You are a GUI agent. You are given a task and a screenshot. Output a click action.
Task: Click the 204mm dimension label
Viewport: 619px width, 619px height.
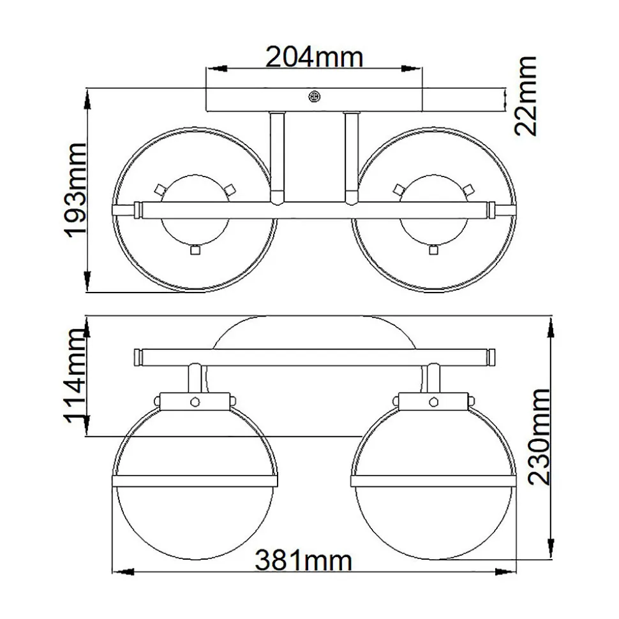click(314, 57)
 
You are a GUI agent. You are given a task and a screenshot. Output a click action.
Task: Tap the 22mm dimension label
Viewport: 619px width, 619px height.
click(526, 96)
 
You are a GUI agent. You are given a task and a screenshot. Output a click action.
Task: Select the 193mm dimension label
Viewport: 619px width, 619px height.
click(75, 190)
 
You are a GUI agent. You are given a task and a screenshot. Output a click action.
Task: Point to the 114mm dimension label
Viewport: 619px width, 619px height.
click(75, 376)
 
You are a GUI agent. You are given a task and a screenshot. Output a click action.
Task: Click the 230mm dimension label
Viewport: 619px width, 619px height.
click(539, 437)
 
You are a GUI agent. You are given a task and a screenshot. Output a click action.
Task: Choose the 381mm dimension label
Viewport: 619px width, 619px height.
click(303, 560)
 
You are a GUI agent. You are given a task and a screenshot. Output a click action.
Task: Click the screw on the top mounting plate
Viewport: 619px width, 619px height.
click(314, 96)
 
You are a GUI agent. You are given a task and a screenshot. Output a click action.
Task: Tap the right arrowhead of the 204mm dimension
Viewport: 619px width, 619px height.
click(412, 68)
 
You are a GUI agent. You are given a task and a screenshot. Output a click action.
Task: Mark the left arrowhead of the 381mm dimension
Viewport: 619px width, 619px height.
click(123, 571)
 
